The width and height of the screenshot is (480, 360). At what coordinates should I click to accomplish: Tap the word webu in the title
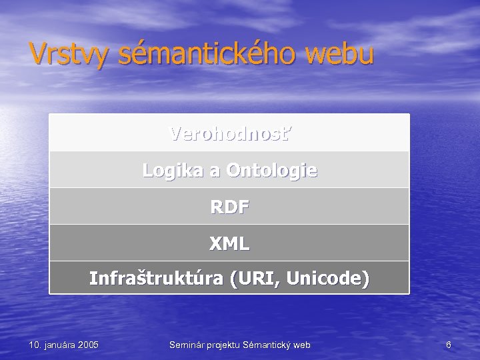340,53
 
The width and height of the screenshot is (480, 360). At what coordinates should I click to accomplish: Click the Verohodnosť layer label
230,134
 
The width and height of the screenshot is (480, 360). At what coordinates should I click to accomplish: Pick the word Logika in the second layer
173,171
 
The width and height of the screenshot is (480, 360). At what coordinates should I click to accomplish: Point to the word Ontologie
272,171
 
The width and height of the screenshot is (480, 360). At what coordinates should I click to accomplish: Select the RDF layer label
230,207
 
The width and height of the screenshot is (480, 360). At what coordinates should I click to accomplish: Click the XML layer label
230,244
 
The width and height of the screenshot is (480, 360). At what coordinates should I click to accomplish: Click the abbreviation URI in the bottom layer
255,278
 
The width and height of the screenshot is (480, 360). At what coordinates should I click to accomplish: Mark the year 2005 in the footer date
87,345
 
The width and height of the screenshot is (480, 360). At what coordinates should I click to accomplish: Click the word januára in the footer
58,345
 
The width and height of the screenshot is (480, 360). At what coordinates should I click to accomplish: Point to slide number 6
449,345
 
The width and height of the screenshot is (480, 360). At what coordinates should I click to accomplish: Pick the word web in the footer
303,345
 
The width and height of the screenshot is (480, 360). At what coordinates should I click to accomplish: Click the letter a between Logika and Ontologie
215,171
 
